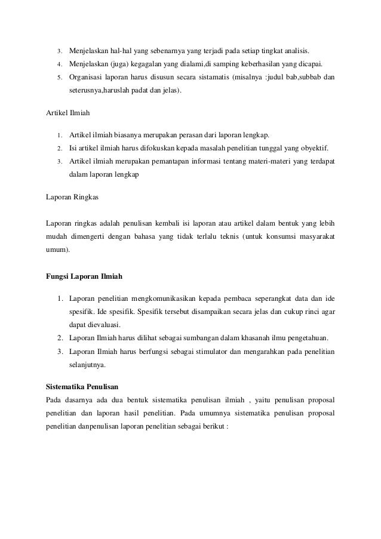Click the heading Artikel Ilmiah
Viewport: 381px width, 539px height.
coord(67,111)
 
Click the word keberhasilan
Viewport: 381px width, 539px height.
coord(264,63)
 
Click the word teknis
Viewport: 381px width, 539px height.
coord(229,236)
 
